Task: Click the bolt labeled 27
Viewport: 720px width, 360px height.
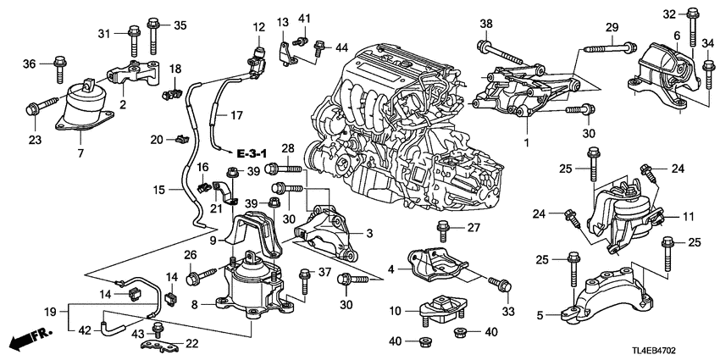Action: point(441,228)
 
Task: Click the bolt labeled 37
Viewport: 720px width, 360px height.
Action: point(302,273)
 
